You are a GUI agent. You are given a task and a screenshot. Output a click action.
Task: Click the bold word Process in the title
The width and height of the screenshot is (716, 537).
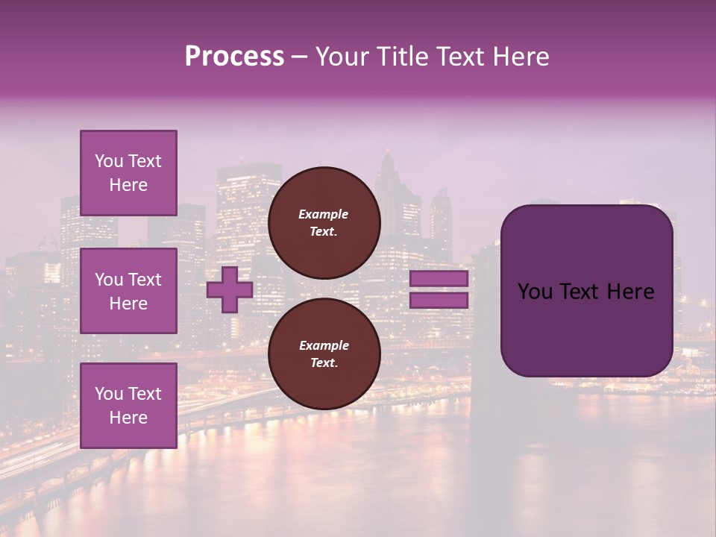point(234,57)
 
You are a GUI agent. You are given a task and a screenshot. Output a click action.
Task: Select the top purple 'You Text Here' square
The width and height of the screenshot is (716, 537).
point(128,173)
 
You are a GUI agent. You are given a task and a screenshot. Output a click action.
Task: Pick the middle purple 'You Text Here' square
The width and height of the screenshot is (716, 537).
point(128,291)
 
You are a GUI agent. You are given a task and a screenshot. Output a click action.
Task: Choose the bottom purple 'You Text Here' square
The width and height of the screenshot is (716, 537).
point(128,405)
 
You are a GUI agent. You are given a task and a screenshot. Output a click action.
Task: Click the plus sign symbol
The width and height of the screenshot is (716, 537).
point(230,289)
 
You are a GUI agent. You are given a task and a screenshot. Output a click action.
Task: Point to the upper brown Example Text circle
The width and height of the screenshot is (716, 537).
point(324,223)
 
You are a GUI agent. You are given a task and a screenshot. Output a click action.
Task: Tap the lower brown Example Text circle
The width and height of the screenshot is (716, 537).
point(324,354)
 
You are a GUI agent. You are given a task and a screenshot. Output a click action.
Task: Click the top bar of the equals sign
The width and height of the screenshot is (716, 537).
point(439,279)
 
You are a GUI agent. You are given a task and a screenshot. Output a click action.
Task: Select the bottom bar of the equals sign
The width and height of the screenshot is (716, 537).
point(439,301)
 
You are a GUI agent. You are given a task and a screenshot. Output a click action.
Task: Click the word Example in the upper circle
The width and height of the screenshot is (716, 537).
point(324,214)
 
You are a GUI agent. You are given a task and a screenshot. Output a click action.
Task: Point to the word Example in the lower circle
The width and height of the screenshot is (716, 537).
point(324,345)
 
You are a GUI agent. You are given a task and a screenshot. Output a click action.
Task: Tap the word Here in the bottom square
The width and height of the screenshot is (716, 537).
point(128,418)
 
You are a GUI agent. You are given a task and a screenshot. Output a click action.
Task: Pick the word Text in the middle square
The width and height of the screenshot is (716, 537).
point(144,280)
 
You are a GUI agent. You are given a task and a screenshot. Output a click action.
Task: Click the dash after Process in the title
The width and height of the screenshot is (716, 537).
point(299,57)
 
